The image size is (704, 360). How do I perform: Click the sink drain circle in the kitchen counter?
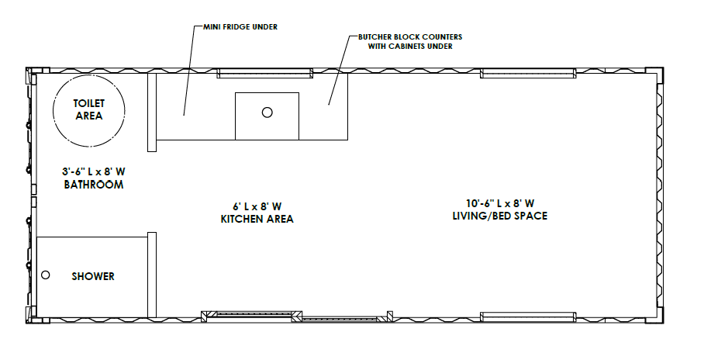point(267,112)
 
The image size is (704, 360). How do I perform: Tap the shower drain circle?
point(45,275)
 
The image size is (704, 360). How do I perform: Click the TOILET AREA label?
point(89,109)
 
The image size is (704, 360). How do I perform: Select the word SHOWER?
point(93,276)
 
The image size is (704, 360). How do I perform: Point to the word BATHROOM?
point(93,185)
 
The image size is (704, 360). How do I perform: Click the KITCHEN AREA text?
point(257,219)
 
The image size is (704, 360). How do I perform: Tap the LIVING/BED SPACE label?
point(500,216)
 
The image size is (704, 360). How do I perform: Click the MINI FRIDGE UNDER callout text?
point(240,27)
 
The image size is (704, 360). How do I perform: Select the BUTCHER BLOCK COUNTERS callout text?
point(410,37)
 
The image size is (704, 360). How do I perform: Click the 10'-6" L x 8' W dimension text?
point(500,203)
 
